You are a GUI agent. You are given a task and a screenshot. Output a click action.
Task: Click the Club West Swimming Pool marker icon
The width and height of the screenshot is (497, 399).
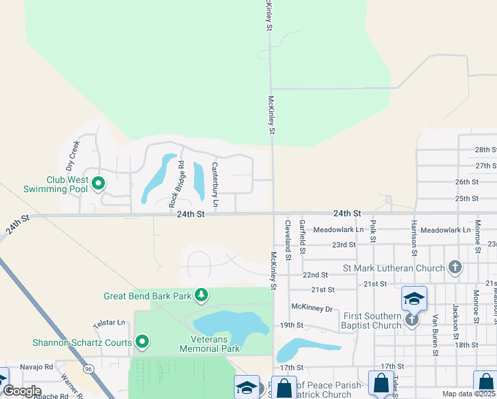pyautogui.click(x=98, y=182)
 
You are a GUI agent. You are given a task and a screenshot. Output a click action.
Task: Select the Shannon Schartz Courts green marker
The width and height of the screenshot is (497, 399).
pyautogui.click(x=142, y=342)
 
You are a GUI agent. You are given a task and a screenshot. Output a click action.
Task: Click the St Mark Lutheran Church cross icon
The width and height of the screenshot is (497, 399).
pyautogui.click(x=455, y=268)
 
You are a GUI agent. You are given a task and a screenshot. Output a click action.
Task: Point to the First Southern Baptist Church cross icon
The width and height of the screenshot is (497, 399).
pyautogui.click(x=412, y=320)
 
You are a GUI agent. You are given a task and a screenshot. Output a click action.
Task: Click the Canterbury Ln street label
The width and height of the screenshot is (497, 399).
pyautogui.click(x=215, y=178)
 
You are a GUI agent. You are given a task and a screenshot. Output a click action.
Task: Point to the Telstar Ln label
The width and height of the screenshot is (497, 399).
pyautogui.click(x=109, y=323)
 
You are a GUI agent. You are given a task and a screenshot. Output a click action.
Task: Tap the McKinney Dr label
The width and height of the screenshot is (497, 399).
pyautogui.click(x=311, y=307)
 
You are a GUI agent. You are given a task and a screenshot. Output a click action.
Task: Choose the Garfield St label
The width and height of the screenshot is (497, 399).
pyautogui.click(x=302, y=237)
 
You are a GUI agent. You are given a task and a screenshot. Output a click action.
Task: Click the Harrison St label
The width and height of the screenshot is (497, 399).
pyautogui.click(x=413, y=238)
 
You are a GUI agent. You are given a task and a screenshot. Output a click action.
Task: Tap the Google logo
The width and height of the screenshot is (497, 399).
pyautogui.click(x=22, y=391)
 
